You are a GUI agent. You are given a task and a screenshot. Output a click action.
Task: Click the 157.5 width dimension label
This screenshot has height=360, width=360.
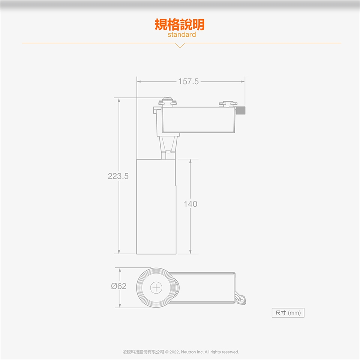(x=188, y=81)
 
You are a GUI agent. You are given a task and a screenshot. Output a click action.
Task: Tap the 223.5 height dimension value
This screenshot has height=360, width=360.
(x=118, y=176)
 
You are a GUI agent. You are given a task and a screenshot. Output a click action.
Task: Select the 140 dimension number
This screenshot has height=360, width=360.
(x=190, y=204)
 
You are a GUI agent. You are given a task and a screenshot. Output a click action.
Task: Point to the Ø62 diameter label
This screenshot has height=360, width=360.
(x=118, y=286)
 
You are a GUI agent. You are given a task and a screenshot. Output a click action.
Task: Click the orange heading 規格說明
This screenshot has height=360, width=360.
(x=180, y=25)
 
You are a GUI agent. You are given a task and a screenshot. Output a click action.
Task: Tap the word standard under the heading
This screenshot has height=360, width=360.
(x=181, y=34)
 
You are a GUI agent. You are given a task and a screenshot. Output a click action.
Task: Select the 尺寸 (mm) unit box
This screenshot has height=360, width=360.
(x=288, y=313)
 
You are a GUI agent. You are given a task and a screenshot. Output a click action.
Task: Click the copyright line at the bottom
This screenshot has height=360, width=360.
(x=181, y=352)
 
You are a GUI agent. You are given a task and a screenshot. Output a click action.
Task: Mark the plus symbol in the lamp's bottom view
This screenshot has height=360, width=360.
(x=156, y=288)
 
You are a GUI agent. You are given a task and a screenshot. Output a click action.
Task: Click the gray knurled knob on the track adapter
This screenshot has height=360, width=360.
(x=241, y=110)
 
